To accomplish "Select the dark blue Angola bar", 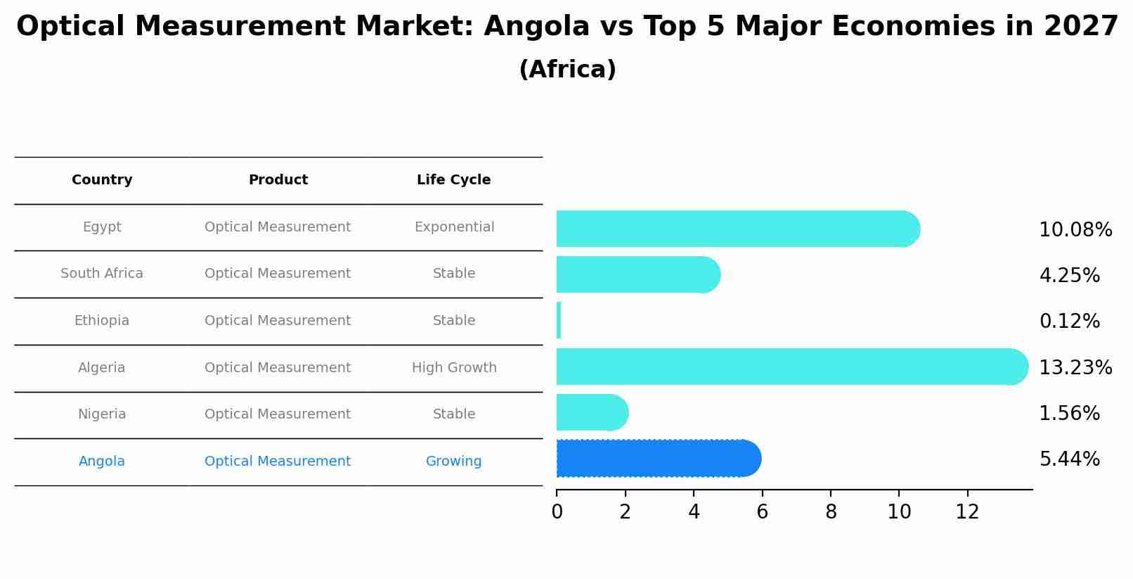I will (657, 459).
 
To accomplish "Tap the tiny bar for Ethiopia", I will (559, 321).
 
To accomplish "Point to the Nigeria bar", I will (590, 412).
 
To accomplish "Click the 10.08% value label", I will (1075, 230).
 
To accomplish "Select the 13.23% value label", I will (1075, 367).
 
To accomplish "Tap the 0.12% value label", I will (1069, 322).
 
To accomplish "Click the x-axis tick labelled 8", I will (831, 512).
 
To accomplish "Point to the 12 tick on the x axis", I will (967, 512).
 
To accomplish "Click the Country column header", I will (102, 180).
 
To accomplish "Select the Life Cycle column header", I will (453, 180).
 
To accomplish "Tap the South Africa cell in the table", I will (102, 274).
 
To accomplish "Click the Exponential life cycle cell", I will (454, 227).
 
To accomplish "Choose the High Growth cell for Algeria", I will (454, 367).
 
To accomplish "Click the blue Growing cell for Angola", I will (453, 462).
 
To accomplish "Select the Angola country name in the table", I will (102, 462).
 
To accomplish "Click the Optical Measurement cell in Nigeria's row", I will (278, 414).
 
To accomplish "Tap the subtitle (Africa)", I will (567, 70).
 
